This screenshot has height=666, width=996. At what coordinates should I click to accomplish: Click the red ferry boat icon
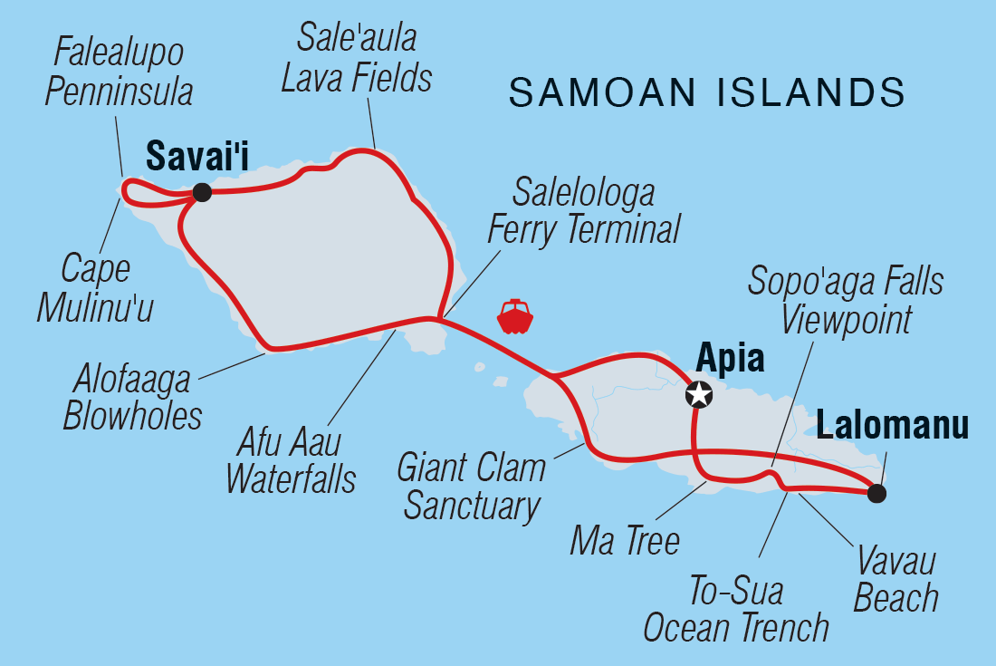[515, 316]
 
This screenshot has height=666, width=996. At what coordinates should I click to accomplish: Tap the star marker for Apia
[699, 394]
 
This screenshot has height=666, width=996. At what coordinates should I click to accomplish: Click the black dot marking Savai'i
[202, 192]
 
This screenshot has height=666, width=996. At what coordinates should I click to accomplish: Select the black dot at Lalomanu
[876, 494]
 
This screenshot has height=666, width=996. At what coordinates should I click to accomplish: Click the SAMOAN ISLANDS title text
[707, 93]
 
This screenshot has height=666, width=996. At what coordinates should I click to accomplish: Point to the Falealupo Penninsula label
[123, 72]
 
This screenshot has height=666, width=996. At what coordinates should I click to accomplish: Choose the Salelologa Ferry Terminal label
[584, 211]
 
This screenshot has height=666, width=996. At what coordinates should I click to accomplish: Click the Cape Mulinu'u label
[95, 288]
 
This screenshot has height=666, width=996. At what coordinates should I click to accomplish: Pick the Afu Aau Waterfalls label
[291, 460]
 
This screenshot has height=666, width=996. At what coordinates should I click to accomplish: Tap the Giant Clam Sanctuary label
[472, 487]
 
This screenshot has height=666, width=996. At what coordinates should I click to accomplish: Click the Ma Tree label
[625, 542]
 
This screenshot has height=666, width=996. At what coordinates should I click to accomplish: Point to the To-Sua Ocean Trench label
[736, 610]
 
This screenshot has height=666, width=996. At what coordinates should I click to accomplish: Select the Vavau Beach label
[896, 581]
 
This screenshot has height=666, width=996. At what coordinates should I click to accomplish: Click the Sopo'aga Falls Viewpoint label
[846, 300]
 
